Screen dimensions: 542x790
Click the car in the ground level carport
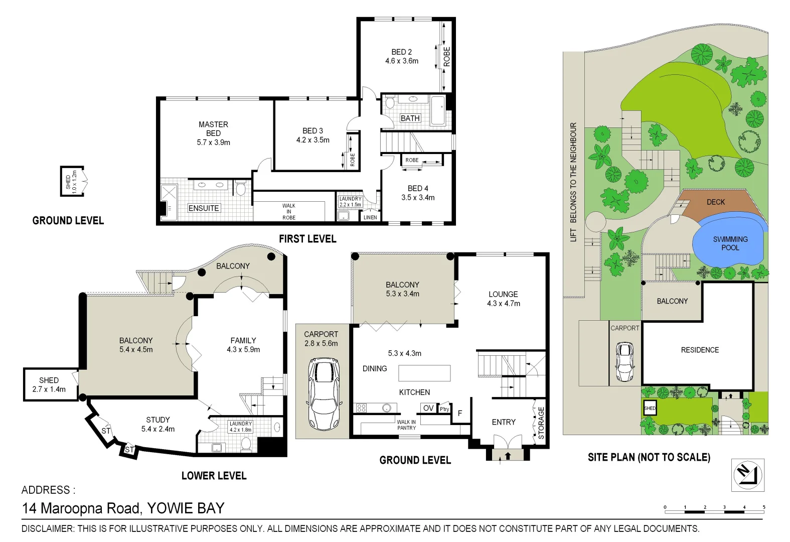[324, 394]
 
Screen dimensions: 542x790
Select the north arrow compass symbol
[747, 474]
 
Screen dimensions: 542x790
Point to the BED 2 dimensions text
[401, 61]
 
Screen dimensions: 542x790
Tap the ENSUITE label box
[204, 208]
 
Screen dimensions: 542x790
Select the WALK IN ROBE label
[289, 212]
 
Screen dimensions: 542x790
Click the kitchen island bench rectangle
[424, 373]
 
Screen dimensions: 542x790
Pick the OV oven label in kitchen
[428, 408]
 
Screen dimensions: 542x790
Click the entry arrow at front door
[508, 456]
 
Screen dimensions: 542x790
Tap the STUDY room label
[158, 420]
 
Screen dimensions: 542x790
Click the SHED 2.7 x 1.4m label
[49, 384]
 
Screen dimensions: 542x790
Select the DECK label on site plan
[715, 202]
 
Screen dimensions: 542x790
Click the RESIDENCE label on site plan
[700, 350]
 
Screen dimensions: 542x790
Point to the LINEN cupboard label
[370, 217]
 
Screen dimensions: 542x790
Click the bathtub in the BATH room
[438, 110]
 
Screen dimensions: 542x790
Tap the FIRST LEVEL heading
[307, 239]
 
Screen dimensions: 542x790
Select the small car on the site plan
[625, 362]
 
